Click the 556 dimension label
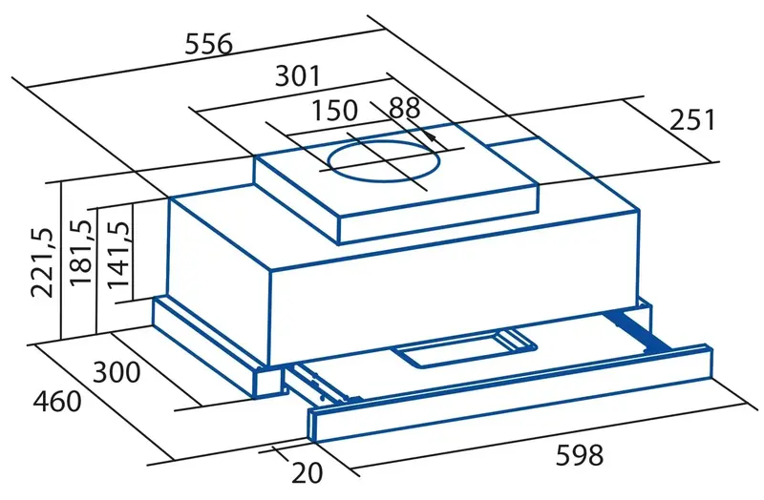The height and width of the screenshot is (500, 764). click(x=209, y=44)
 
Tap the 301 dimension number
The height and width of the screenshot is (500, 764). click(x=298, y=75)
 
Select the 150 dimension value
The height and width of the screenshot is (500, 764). click(x=334, y=110)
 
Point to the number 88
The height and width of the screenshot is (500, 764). click(x=404, y=108)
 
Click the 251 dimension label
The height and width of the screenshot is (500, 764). click(x=691, y=120)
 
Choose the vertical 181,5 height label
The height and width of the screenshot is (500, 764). click(x=80, y=252)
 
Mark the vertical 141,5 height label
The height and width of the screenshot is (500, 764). click(x=117, y=254)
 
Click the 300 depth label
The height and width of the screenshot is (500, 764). click(x=117, y=372)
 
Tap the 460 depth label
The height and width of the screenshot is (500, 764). click(x=57, y=402)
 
